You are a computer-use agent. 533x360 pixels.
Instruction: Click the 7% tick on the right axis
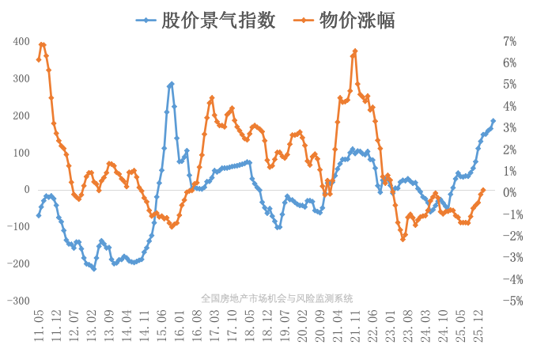pyautogui.click(x=509, y=41)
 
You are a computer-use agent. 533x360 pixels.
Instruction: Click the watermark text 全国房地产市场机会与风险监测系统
pyautogui.click(x=277, y=298)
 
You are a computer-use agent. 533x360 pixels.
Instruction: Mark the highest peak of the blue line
pyautogui.click(x=172, y=84)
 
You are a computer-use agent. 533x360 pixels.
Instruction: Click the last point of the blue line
pyautogui.click(x=493, y=121)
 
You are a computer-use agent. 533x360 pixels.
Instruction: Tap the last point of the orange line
pyautogui.click(x=483, y=191)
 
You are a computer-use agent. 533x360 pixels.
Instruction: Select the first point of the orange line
pyautogui.click(x=39, y=59)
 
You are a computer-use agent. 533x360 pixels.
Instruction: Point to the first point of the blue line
pyautogui.click(x=39, y=215)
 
